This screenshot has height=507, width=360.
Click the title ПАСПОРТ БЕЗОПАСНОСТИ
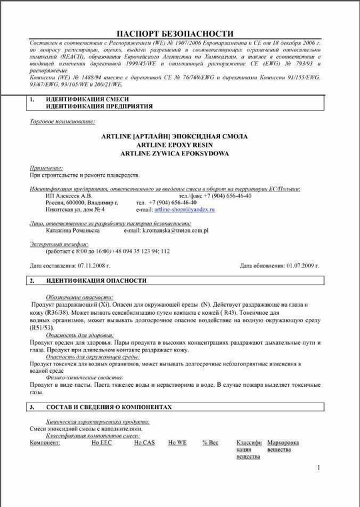pyautogui.click(x=175, y=33)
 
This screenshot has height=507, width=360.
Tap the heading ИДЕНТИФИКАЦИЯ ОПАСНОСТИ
pyautogui.click(x=96, y=281)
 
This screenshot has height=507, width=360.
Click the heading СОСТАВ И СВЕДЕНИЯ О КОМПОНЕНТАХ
pyautogui.click(x=109, y=407)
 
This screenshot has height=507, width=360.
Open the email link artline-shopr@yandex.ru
pyautogui.click(x=184, y=209)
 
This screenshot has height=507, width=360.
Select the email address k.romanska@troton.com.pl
pyautogui.click(x=175, y=231)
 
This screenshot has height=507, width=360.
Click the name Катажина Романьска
pyautogui.click(x=73, y=231)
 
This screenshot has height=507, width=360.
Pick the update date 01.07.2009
pyautogui.click(x=302, y=266)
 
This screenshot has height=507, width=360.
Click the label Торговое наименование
pyautogui.click(x=62, y=122)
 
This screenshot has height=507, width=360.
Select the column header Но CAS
pyautogui.click(x=143, y=442)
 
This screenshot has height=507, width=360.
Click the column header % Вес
pyautogui.click(x=210, y=442)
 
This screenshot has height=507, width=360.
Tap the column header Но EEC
pyautogui.click(x=101, y=442)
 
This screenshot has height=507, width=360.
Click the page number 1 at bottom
pyautogui.click(x=319, y=468)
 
